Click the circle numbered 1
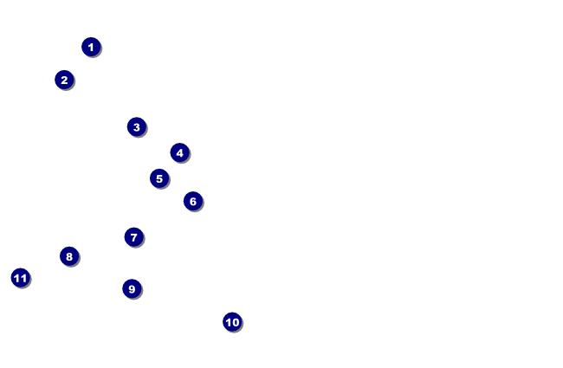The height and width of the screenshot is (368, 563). [x=91, y=47]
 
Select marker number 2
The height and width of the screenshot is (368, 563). [x=64, y=80]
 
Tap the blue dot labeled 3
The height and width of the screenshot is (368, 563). [x=137, y=126]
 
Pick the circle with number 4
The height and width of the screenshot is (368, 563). [x=179, y=153]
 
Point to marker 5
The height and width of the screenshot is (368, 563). [x=159, y=178]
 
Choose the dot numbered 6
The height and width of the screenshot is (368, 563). [x=193, y=201]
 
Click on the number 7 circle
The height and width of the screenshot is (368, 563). [x=134, y=237]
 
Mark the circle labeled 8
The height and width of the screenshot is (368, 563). [x=69, y=256]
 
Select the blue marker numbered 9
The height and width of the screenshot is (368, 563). [x=132, y=288]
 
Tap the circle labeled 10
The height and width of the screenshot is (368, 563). [x=232, y=322]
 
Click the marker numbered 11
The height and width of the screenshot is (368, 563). [x=21, y=278]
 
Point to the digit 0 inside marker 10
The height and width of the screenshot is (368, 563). [x=236, y=322]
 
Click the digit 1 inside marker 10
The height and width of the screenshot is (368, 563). [x=229, y=322]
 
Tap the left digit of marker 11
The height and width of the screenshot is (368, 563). [x=17, y=278]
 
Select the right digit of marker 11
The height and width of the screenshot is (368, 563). [x=23, y=278]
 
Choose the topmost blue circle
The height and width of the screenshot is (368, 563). [x=91, y=47]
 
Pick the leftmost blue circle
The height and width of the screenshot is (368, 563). [x=21, y=278]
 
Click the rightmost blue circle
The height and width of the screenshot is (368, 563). [x=232, y=322]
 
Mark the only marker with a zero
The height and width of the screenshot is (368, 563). [x=232, y=322]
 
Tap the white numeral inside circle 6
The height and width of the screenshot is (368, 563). [x=193, y=202]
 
